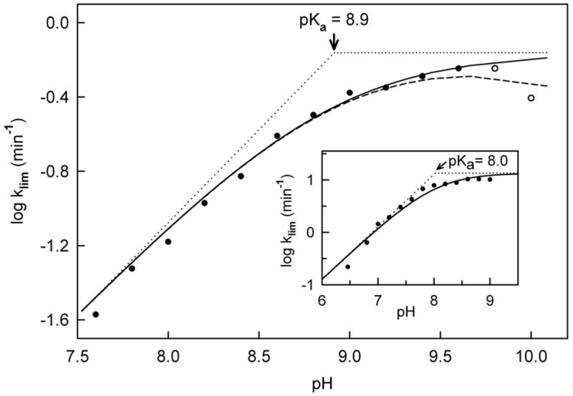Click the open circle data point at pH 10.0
click(x=531, y=98)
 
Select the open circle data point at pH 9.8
click(x=494, y=68)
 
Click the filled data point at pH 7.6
click(x=95, y=314)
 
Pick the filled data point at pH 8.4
click(x=241, y=176)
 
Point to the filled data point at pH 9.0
click(x=350, y=92)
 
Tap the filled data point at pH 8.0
click(x=168, y=241)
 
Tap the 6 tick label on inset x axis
click(x=322, y=298)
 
